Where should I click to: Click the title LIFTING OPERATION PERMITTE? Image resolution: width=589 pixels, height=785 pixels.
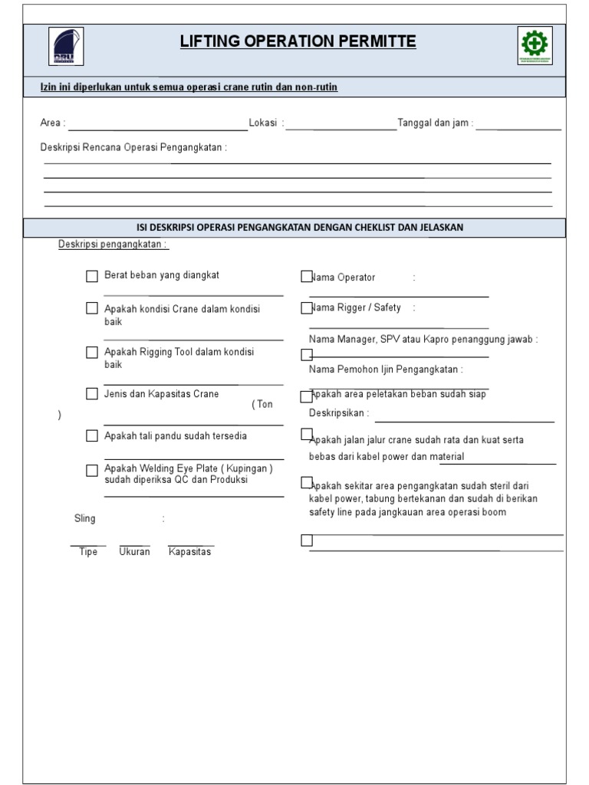tap(298, 42)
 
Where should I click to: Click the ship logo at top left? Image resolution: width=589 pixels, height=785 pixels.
tap(67, 47)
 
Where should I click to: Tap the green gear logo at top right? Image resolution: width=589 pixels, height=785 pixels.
tap(535, 47)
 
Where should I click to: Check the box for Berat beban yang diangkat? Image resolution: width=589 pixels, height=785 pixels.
tap(92, 277)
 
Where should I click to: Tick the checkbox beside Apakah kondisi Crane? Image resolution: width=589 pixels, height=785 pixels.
tap(92, 309)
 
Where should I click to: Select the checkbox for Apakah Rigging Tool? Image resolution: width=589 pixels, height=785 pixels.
tap(92, 353)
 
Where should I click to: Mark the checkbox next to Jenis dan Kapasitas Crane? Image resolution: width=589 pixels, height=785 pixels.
tap(92, 395)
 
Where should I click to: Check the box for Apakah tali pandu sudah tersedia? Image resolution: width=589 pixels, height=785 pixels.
tap(92, 436)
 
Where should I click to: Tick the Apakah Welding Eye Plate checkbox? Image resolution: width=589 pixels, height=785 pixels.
tap(92, 470)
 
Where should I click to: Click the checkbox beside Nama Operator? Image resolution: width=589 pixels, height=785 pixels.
tap(307, 276)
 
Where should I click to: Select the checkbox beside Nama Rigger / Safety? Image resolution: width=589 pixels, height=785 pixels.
tap(307, 307)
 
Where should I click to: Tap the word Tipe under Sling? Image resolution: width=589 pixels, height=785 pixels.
tap(88, 552)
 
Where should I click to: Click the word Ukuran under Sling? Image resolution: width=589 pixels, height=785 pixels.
tap(134, 552)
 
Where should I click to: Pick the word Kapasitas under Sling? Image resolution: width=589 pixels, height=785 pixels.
tap(189, 552)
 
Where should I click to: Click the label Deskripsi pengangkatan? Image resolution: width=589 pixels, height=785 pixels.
tap(114, 245)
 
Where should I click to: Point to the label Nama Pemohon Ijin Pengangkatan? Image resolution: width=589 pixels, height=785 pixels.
tap(386, 370)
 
